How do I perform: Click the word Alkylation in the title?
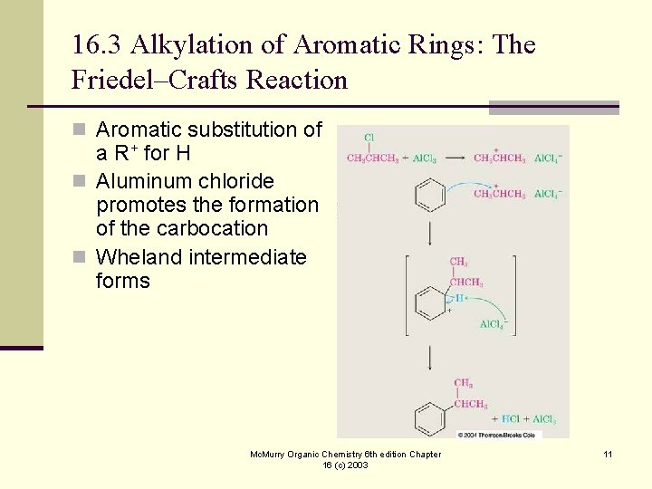click(178, 44)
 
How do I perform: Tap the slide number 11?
click(608, 454)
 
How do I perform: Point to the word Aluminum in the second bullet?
click(139, 181)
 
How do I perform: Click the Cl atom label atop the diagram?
click(369, 138)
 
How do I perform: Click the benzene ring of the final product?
click(430, 417)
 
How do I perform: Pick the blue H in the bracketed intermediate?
click(459, 298)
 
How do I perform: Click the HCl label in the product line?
click(513, 420)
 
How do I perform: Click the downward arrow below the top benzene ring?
click(430, 234)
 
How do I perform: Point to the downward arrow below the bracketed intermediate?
click(430, 358)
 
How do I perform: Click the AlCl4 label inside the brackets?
click(493, 323)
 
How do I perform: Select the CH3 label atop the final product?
click(463, 383)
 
